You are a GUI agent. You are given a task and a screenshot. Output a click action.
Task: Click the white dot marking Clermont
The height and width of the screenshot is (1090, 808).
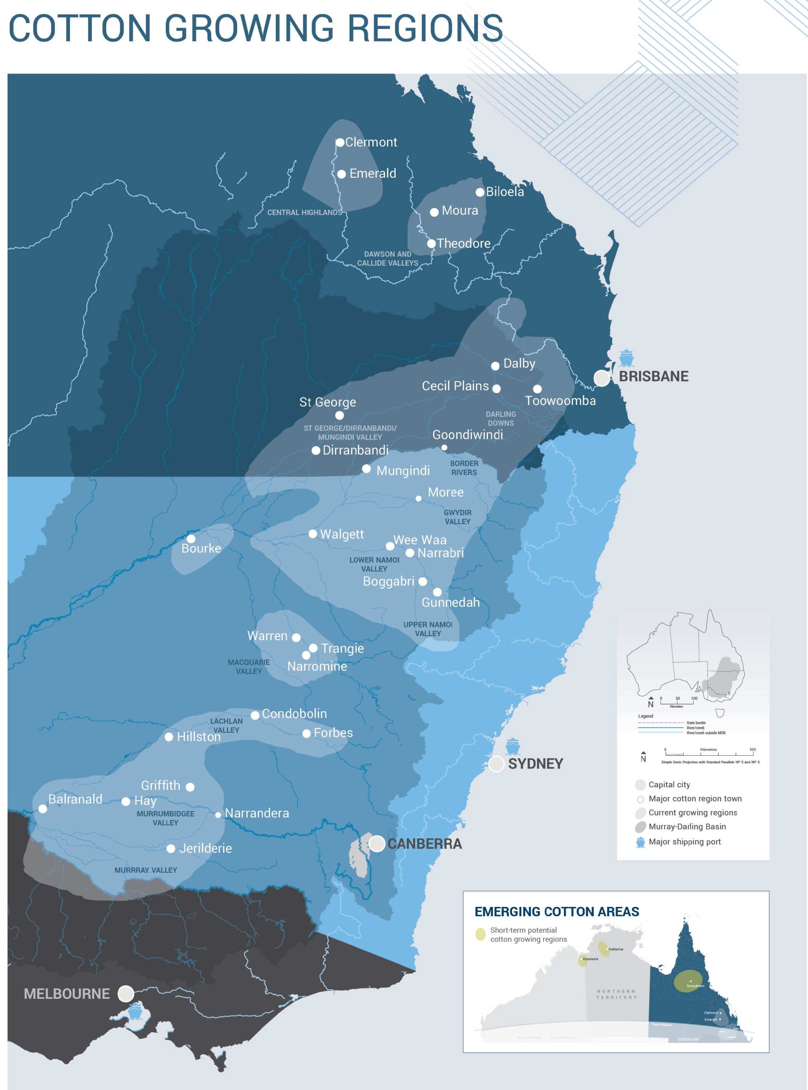(340, 142)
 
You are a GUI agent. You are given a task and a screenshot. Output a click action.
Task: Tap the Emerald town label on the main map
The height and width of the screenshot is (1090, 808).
(373, 173)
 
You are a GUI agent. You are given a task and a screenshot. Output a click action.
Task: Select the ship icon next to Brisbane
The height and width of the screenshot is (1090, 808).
(626, 358)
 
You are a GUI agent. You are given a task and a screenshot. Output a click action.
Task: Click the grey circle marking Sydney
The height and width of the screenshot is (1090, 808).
(496, 764)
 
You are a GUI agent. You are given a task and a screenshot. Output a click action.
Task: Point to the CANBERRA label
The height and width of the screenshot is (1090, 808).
(425, 843)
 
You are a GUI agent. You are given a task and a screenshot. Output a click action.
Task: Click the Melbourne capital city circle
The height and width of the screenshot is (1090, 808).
(126, 993)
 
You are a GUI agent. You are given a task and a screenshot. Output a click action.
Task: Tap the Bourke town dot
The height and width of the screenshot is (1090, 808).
(191, 538)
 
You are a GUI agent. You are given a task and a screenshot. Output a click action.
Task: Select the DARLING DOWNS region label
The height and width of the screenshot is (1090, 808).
(500, 418)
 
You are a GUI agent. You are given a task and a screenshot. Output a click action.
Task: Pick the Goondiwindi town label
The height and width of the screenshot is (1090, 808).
(468, 435)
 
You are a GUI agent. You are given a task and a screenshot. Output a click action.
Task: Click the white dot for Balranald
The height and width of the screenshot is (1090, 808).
(42, 809)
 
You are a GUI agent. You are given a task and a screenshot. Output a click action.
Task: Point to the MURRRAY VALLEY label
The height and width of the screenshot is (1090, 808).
(146, 870)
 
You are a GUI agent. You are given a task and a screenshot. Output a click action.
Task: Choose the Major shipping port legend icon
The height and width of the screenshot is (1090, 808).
(640, 842)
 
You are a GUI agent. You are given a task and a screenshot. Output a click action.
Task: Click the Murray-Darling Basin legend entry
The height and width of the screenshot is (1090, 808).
(687, 826)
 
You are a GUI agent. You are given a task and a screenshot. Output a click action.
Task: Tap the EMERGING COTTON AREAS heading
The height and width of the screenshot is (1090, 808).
(557, 912)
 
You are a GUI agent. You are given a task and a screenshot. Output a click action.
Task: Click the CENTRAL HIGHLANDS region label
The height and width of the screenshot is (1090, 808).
(304, 212)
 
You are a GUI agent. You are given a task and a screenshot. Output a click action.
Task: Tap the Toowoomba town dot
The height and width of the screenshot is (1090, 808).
(537, 389)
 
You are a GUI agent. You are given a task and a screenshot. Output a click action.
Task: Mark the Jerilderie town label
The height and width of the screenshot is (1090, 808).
(206, 848)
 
